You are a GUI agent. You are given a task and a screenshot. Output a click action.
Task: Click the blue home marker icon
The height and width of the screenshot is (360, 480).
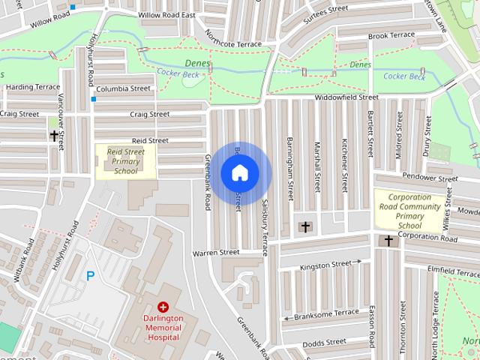pos(240,173)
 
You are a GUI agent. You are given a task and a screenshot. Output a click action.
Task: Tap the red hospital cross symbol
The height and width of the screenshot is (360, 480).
pos(163,307)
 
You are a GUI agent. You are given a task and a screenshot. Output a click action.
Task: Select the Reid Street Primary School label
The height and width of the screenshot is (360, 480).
pos(125,160)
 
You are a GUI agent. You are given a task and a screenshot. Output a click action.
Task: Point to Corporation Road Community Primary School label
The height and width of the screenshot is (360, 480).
pos(409,215)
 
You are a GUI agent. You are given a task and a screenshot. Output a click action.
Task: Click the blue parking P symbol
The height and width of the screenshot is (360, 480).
pos(91,276)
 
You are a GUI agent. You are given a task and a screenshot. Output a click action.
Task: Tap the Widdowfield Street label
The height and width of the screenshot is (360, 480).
pos(346,97)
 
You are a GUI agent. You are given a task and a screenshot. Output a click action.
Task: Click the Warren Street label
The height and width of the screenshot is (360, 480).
pos(215,253)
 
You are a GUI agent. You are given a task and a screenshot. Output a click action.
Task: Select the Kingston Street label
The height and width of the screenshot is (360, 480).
pos(325,265)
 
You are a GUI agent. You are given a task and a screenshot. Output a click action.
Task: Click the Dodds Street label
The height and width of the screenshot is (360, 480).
pos(325,344)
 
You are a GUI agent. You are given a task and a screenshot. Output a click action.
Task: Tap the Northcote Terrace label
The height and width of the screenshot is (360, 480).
pos(235,44)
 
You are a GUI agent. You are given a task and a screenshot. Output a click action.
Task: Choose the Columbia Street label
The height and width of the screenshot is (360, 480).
pos(123,88)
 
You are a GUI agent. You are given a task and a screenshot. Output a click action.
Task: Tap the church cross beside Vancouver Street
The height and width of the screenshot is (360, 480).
pos(54,136)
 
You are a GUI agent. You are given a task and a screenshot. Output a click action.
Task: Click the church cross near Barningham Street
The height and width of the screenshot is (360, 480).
pos(305,226)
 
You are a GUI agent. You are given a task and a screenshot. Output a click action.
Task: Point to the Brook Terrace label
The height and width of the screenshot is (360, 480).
pos(391,35)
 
